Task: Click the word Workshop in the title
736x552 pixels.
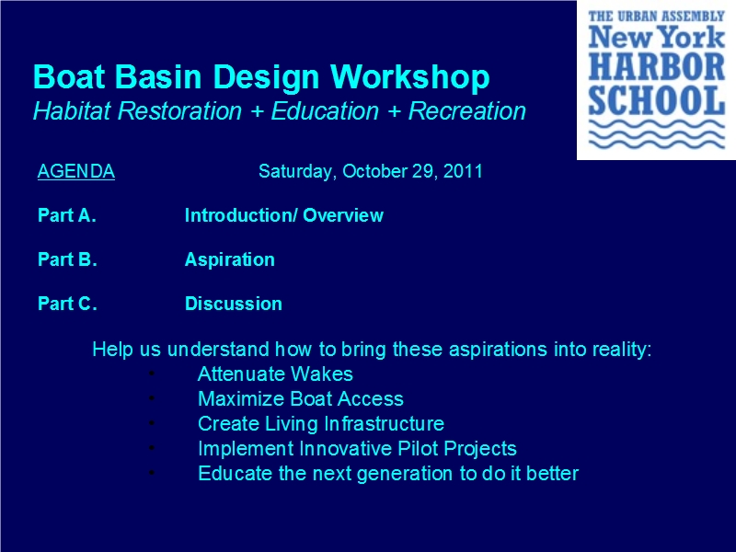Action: (x=409, y=77)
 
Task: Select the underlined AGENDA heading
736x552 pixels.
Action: (x=76, y=171)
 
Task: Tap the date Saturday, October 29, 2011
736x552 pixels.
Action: (x=371, y=171)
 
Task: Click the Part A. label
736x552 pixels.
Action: (x=66, y=215)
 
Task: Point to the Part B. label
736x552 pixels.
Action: (x=67, y=259)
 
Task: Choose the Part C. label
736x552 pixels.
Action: (x=67, y=304)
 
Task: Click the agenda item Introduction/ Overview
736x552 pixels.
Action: (x=284, y=215)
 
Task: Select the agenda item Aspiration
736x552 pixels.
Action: (x=229, y=260)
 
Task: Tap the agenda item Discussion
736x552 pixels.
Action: (x=234, y=304)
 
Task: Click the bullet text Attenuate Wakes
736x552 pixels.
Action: (x=275, y=374)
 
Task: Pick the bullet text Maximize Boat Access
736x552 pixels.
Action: (x=301, y=399)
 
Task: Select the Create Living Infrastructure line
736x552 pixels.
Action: (x=320, y=424)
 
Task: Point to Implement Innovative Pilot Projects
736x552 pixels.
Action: (x=357, y=449)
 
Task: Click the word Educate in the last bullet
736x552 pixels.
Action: (x=236, y=473)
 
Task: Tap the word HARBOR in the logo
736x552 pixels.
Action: (x=657, y=67)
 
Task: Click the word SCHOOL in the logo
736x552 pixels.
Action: (x=657, y=100)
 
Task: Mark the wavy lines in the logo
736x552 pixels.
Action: (x=657, y=134)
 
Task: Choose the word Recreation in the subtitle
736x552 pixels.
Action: (x=467, y=111)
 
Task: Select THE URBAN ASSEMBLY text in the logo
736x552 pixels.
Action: (x=657, y=17)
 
